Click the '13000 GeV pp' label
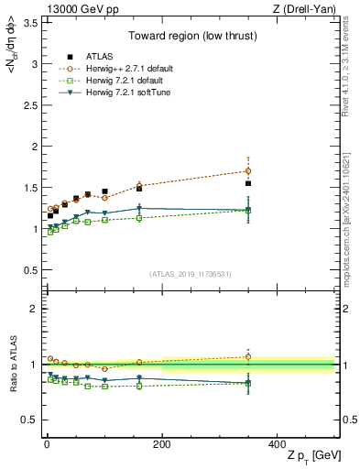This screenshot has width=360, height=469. pos(70,8)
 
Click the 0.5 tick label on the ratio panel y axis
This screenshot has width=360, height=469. pos(27,420)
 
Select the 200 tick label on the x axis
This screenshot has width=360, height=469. pos(161,443)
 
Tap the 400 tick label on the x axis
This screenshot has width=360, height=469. pos(276,443)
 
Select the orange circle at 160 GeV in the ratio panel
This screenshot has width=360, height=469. pos(139,362)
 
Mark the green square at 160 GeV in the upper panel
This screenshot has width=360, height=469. pos(139,218)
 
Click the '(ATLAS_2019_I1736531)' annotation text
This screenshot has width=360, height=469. pos(191,274)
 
